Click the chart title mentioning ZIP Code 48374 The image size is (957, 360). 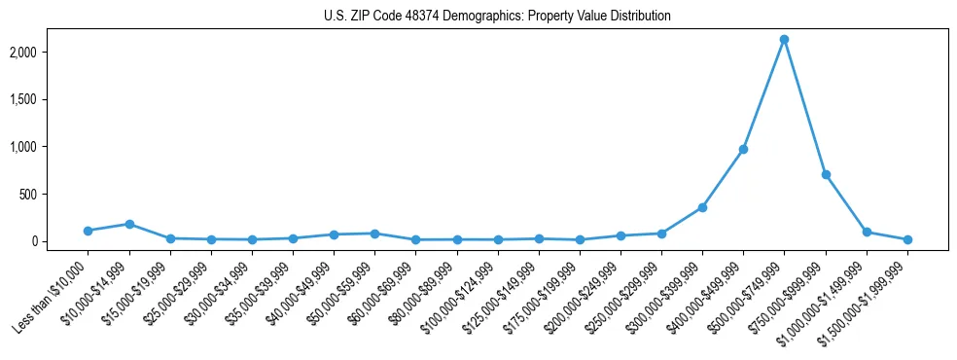pyautogui.click(x=497, y=17)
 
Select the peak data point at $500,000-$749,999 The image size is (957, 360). pyautogui.click(x=784, y=40)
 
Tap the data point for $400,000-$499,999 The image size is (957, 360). pyautogui.click(x=743, y=149)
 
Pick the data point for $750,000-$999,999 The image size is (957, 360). pyautogui.click(x=826, y=174)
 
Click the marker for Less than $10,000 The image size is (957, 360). pyautogui.click(x=88, y=231)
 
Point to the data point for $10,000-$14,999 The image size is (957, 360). pyautogui.click(x=129, y=224)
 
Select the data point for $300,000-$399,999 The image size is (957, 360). pyautogui.click(x=702, y=207)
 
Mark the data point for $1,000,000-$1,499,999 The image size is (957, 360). pyautogui.click(x=867, y=232)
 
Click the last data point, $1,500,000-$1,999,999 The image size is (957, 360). pyautogui.click(x=907, y=239)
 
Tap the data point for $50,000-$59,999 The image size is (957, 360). pyautogui.click(x=374, y=234)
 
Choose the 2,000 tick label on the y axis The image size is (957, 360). pyautogui.click(x=50, y=52)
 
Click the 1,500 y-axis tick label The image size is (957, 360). pyautogui.click(x=50, y=99)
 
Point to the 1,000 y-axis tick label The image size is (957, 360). pyautogui.click(x=50, y=147)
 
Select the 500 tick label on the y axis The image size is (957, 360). pyautogui.click(x=54, y=195)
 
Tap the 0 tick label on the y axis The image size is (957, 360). pyautogui.click(x=60, y=241)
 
